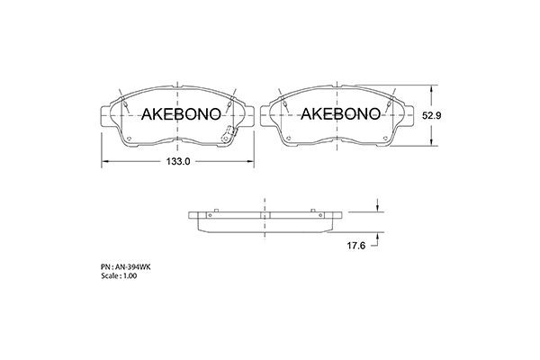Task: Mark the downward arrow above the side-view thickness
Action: (x=377, y=210)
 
